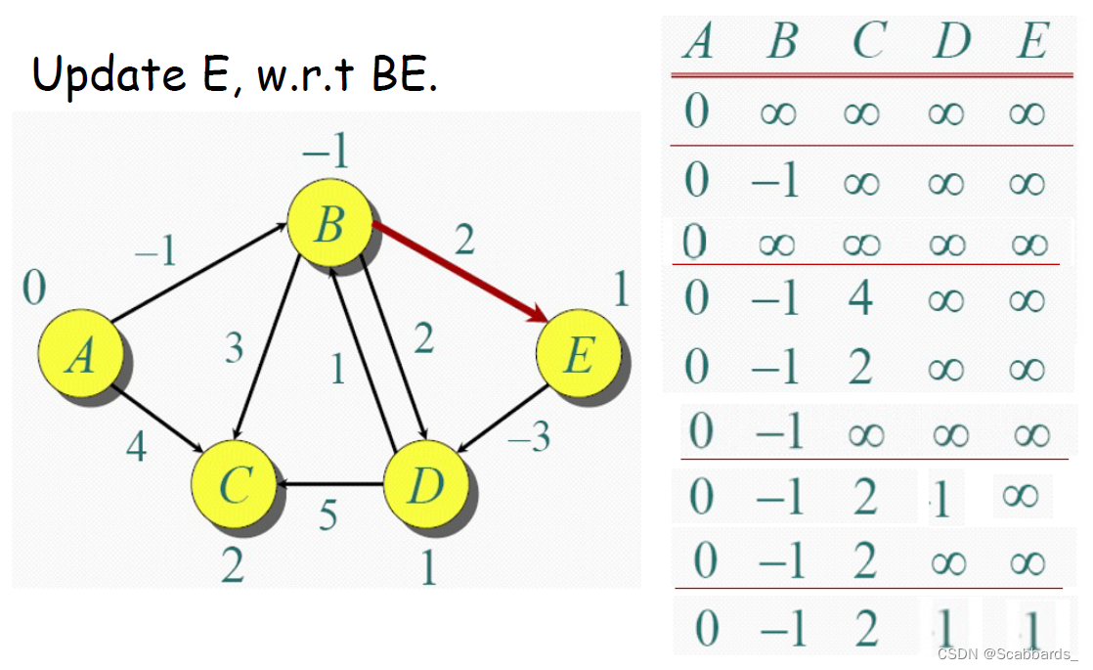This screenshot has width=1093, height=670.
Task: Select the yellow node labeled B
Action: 329,228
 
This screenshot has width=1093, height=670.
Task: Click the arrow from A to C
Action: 156,420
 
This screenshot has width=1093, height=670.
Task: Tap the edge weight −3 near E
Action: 530,436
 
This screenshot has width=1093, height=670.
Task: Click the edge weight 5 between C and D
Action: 328,514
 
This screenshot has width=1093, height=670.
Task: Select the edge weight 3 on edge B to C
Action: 234,348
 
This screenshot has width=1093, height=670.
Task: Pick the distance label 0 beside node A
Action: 34,289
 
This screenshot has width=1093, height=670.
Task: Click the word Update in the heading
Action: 109,74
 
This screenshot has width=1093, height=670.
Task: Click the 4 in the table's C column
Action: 860,297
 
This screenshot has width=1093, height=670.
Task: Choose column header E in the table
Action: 1030,42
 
